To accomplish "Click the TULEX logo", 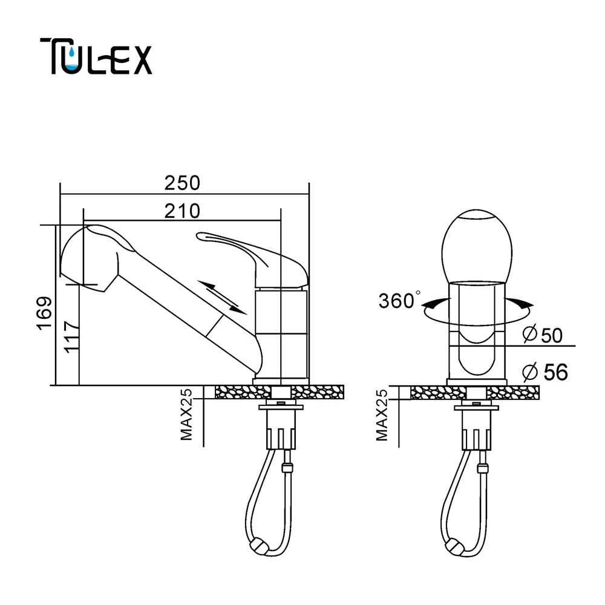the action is (x=96, y=56).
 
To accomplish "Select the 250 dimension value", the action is (x=182, y=183).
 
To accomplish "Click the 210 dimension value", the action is (x=182, y=211).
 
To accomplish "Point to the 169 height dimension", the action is (x=44, y=313).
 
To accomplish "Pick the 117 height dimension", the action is (x=72, y=336).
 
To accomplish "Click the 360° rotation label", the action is (x=399, y=301).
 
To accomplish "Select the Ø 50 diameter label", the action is (x=543, y=335).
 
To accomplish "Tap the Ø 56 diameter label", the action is (x=545, y=372).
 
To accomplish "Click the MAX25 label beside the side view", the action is (x=186, y=414).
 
